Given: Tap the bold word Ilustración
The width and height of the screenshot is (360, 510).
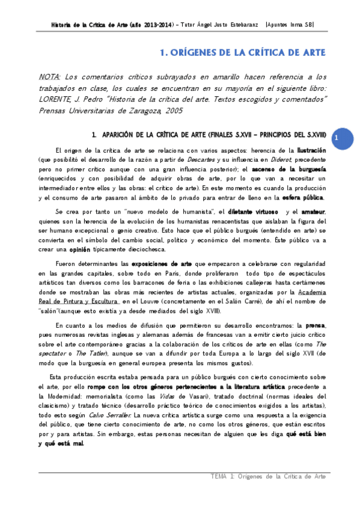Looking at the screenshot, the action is (310, 150).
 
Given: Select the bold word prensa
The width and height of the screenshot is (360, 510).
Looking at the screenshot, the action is (314, 324).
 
